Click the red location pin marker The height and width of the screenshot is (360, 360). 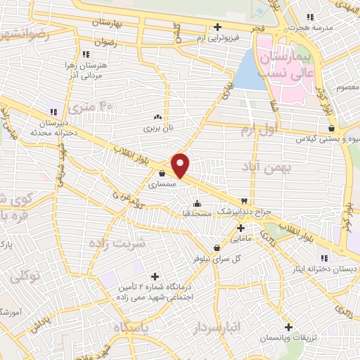(x=181, y=166)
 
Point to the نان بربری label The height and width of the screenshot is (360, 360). (x=157, y=129)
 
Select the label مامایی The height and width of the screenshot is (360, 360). (x=240, y=239)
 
